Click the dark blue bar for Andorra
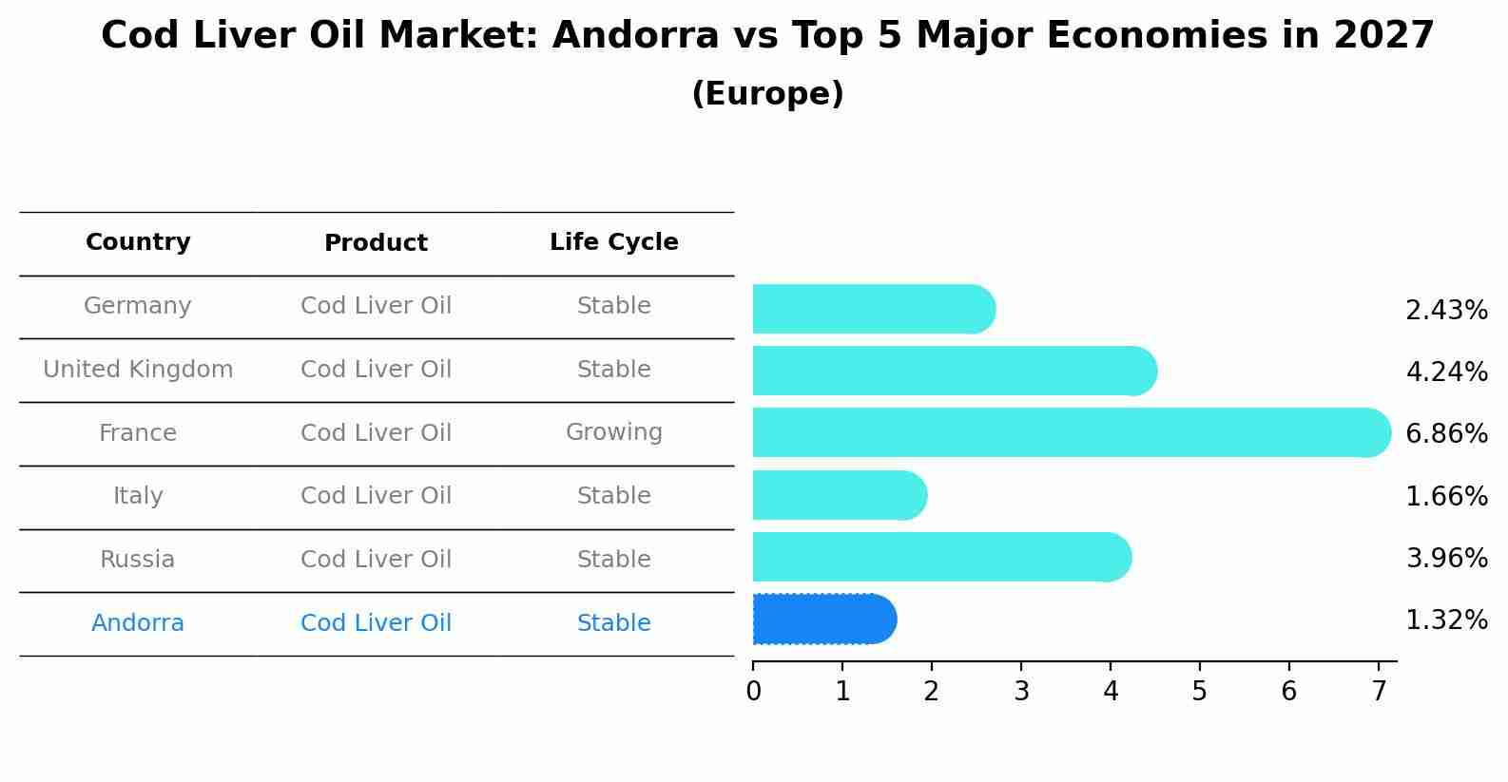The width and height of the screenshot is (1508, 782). (823, 620)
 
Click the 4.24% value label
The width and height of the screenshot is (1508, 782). (1446, 372)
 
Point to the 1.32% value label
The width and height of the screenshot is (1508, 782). (1446, 620)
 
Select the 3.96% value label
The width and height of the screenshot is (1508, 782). (1446, 558)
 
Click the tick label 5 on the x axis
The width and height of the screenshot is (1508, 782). (1199, 692)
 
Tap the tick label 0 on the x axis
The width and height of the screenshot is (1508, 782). (753, 692)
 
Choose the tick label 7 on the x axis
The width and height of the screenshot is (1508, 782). (1378, 692)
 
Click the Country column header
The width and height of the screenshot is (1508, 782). (138, 242)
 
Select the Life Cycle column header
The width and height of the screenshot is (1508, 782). (613, 242)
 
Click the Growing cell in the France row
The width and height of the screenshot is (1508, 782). (613, 432)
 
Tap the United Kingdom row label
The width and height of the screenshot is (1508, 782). (138, 370)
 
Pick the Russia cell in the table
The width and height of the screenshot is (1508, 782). (138, 560)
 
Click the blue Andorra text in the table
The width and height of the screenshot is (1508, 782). (138, 623)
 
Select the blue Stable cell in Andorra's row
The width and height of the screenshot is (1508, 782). (613, 623)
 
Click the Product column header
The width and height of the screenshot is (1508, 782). (376, 243)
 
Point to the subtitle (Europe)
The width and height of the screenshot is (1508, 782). (767, 94)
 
